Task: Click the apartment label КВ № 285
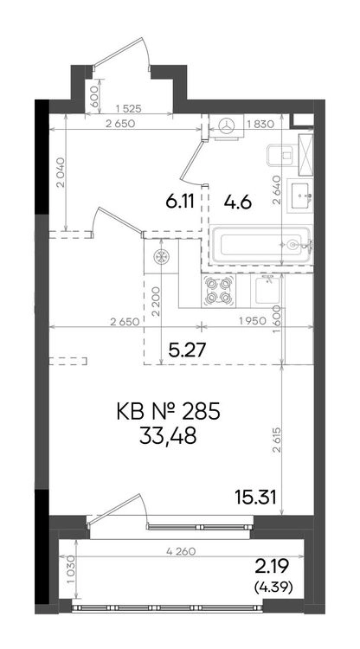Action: [x=167, y=414]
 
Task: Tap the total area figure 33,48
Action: [x=168, y=436]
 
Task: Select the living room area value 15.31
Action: [x=255, y=497]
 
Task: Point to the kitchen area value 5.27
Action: [x=187, y=350]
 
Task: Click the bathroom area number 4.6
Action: [x=238, y=202]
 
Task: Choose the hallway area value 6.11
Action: [x=180, y=202]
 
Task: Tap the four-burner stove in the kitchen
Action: [x=218, y=291]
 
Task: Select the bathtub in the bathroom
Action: [x=260, y=245]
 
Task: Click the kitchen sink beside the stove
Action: [x=267, y=291]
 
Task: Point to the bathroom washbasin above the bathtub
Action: [x=301, y=196]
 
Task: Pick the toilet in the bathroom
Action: [x=284, y=155]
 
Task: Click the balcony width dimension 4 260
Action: [x=181, y=551]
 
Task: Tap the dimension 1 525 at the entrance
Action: [x=129, y=109]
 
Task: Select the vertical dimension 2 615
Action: [x=276, y=440]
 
